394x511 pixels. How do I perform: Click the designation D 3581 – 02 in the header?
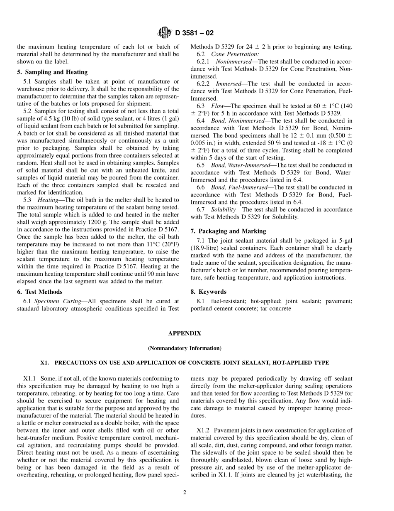coord(195,33)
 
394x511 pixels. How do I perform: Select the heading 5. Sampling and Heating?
coord(52,72)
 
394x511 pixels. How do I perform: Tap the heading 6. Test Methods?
coord(40,292)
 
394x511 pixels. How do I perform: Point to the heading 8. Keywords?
coord(209,292)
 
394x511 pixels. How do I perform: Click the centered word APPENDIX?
coord(185,333)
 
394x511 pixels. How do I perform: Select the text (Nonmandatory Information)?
coord(185,348)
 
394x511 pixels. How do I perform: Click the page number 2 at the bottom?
coord(185,492)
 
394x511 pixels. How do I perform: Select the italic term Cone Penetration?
coord(235,54)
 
